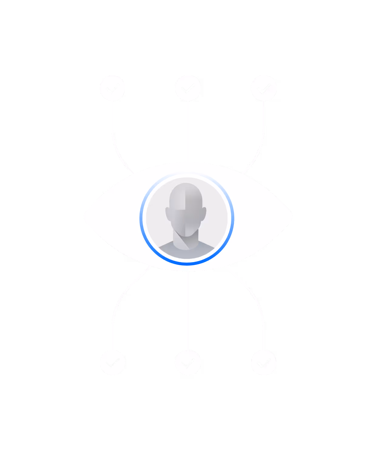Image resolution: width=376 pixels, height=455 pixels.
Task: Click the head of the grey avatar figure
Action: pyautogui.click(x=186, y=203)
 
